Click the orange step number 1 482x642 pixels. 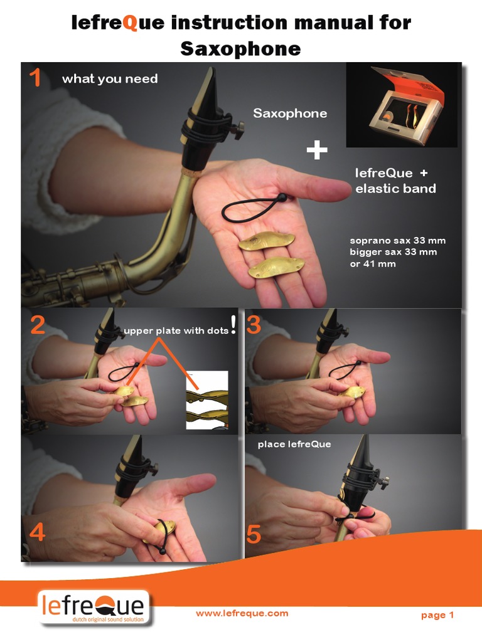point(35,79)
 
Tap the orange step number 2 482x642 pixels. point(38,325)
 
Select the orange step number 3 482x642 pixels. point(254,325)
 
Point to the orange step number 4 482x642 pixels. point(37,532)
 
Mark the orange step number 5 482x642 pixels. point(254,535)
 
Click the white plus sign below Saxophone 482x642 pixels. point(317,150)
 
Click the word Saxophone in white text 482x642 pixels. point(290,113)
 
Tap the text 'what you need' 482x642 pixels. point(110,79)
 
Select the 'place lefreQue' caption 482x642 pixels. point(294,445)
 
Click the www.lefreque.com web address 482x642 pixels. point(242,613)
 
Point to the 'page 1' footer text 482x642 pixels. point(437,615)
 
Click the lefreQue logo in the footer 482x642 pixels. point(93,608)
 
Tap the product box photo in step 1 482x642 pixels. point(402,105)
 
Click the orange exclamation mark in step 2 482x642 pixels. point(233,324)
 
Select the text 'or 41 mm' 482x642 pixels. point(373,264)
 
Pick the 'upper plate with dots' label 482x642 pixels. point(176,332)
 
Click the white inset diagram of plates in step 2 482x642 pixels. point(207,400)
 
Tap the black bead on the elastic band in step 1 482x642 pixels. point(282,198)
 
